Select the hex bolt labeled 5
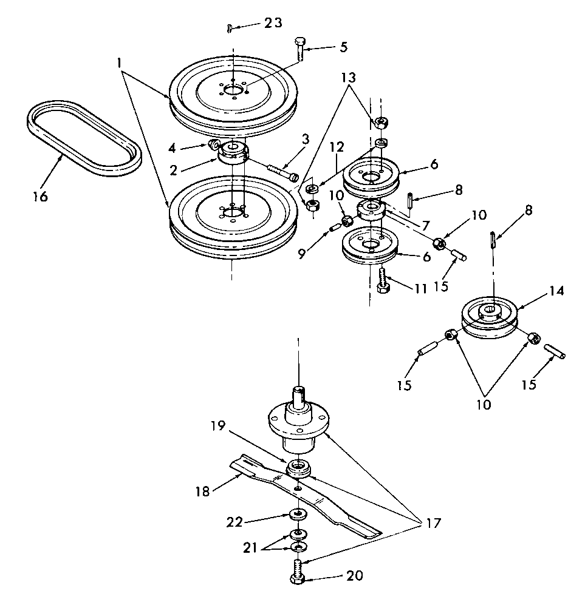pos(300,49)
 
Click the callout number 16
pos(39,196)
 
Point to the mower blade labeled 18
pos(306,497)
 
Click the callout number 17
pos(433,524)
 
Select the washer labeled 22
pos(298,515)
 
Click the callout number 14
pos(556,291)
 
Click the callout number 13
pos(348,78)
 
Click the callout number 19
pos(218,425)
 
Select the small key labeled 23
pos(230,29)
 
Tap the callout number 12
pos(337,147)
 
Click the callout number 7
pos(425,225)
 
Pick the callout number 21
pos(250,548)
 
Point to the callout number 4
pos(172,147)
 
